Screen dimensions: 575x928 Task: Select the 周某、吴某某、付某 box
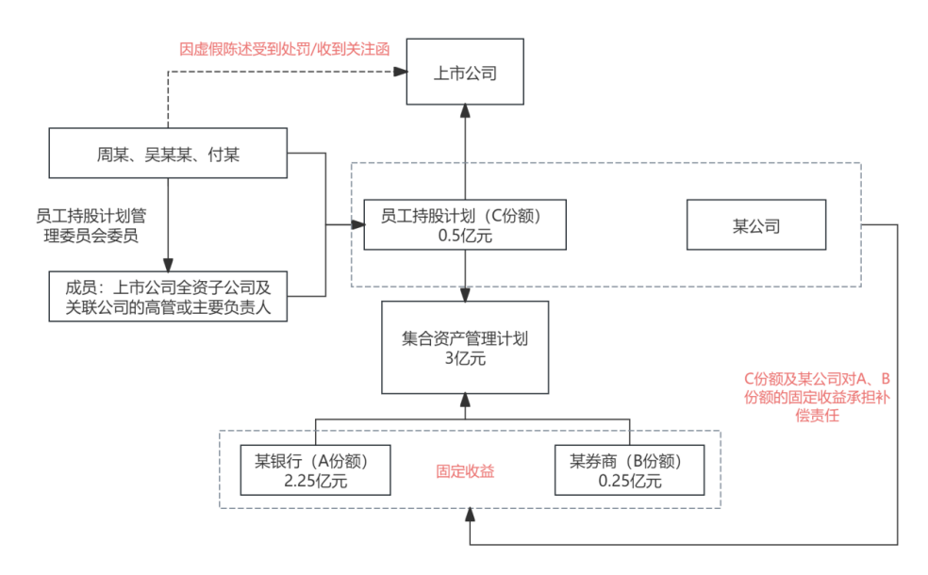169,154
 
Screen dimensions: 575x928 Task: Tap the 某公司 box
755,225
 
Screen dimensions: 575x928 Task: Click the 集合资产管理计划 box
464,348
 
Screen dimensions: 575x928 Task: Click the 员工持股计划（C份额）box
465,224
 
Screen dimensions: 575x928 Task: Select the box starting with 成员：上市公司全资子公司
169,297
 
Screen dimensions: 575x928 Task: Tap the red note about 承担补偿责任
818,397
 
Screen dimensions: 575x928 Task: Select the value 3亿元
464,358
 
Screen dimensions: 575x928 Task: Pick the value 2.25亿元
315,482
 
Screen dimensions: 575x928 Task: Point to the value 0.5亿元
465,236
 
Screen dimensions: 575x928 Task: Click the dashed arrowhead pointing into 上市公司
400,72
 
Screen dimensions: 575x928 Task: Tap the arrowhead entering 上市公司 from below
465,111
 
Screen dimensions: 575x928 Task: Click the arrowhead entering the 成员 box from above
169,266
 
